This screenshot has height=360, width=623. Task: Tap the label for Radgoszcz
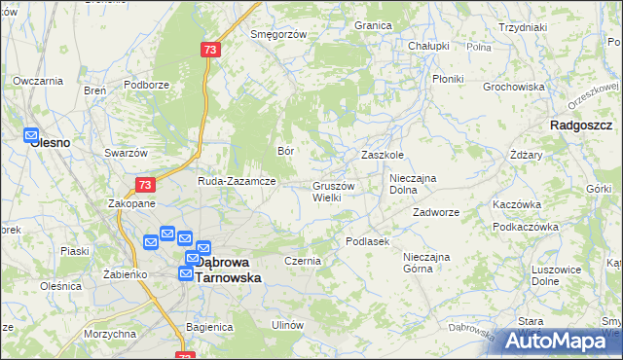pyautogui.click(x=580, y=126)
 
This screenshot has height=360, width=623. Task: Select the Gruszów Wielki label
pyautogui.click(x=334, y=192)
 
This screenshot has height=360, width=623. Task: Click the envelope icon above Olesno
pyautogui.click(x=30, y=136)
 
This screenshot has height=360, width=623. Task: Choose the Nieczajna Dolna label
pyautogui.click(x=417, y=184)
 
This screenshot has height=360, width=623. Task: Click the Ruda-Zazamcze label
pyautogui.click(x=238, y=181)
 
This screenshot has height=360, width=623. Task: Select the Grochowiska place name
pyautogui.click(x=513, y=87)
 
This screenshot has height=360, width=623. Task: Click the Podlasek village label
pyautogui.click(x=368, y=240)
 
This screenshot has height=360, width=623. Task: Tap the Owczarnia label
pyautogui.click(x=38, y=80)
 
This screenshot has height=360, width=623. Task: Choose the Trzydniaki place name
pyautogui.click(x=522, y=27)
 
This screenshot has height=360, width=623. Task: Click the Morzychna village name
pyautogui.click(x=109, y=334)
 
